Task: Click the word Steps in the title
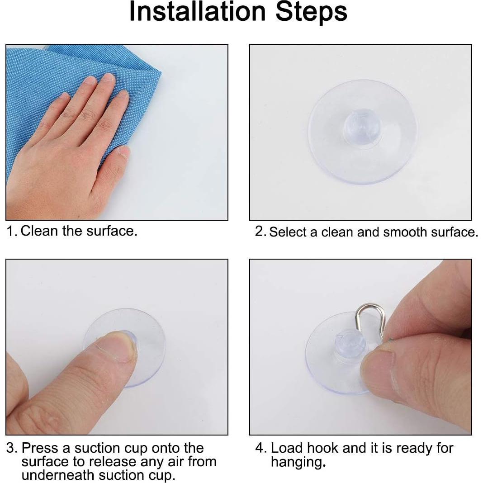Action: pyautogui.click(x=312, y=12)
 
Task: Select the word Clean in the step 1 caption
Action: pyautogui.click(x=40, y=231)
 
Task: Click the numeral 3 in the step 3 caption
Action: pyautogui.click(x=11, y=448)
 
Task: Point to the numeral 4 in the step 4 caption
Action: pyautogui.click(x=260, y=448)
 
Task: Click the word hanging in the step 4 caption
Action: pyautogui.click(x=296, y=463)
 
